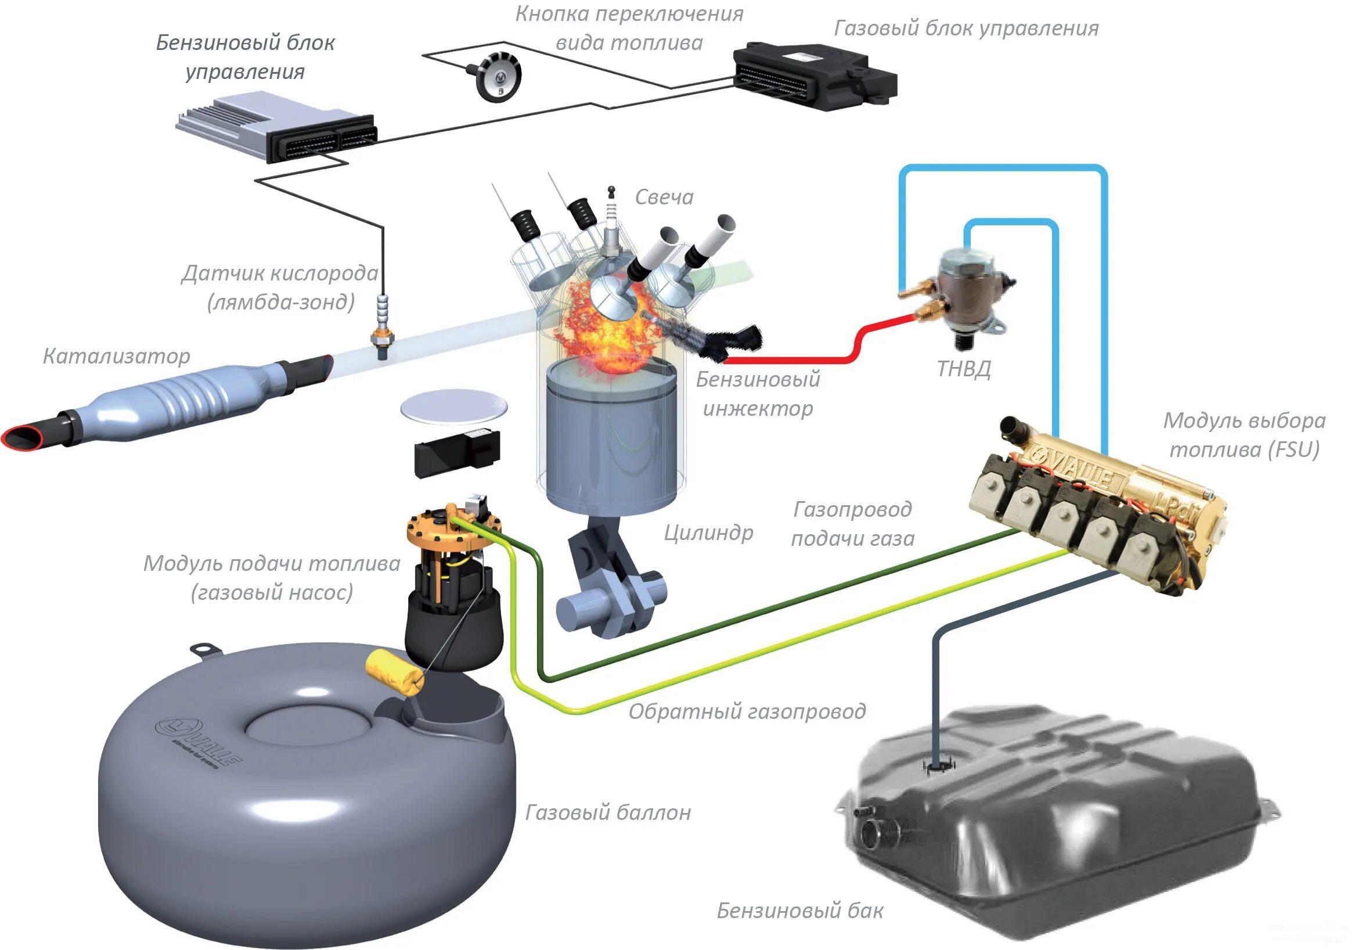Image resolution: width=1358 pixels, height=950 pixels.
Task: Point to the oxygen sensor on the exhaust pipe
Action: pos(383,322)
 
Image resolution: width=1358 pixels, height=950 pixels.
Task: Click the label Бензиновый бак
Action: pos(799,911)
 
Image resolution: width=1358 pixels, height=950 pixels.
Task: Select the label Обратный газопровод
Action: pos(747,711)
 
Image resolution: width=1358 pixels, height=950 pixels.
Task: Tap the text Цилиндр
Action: pos(708,534)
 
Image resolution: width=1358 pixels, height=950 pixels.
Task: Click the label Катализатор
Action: pos(117,356)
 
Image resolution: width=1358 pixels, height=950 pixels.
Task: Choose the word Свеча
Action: pos(664,197)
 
